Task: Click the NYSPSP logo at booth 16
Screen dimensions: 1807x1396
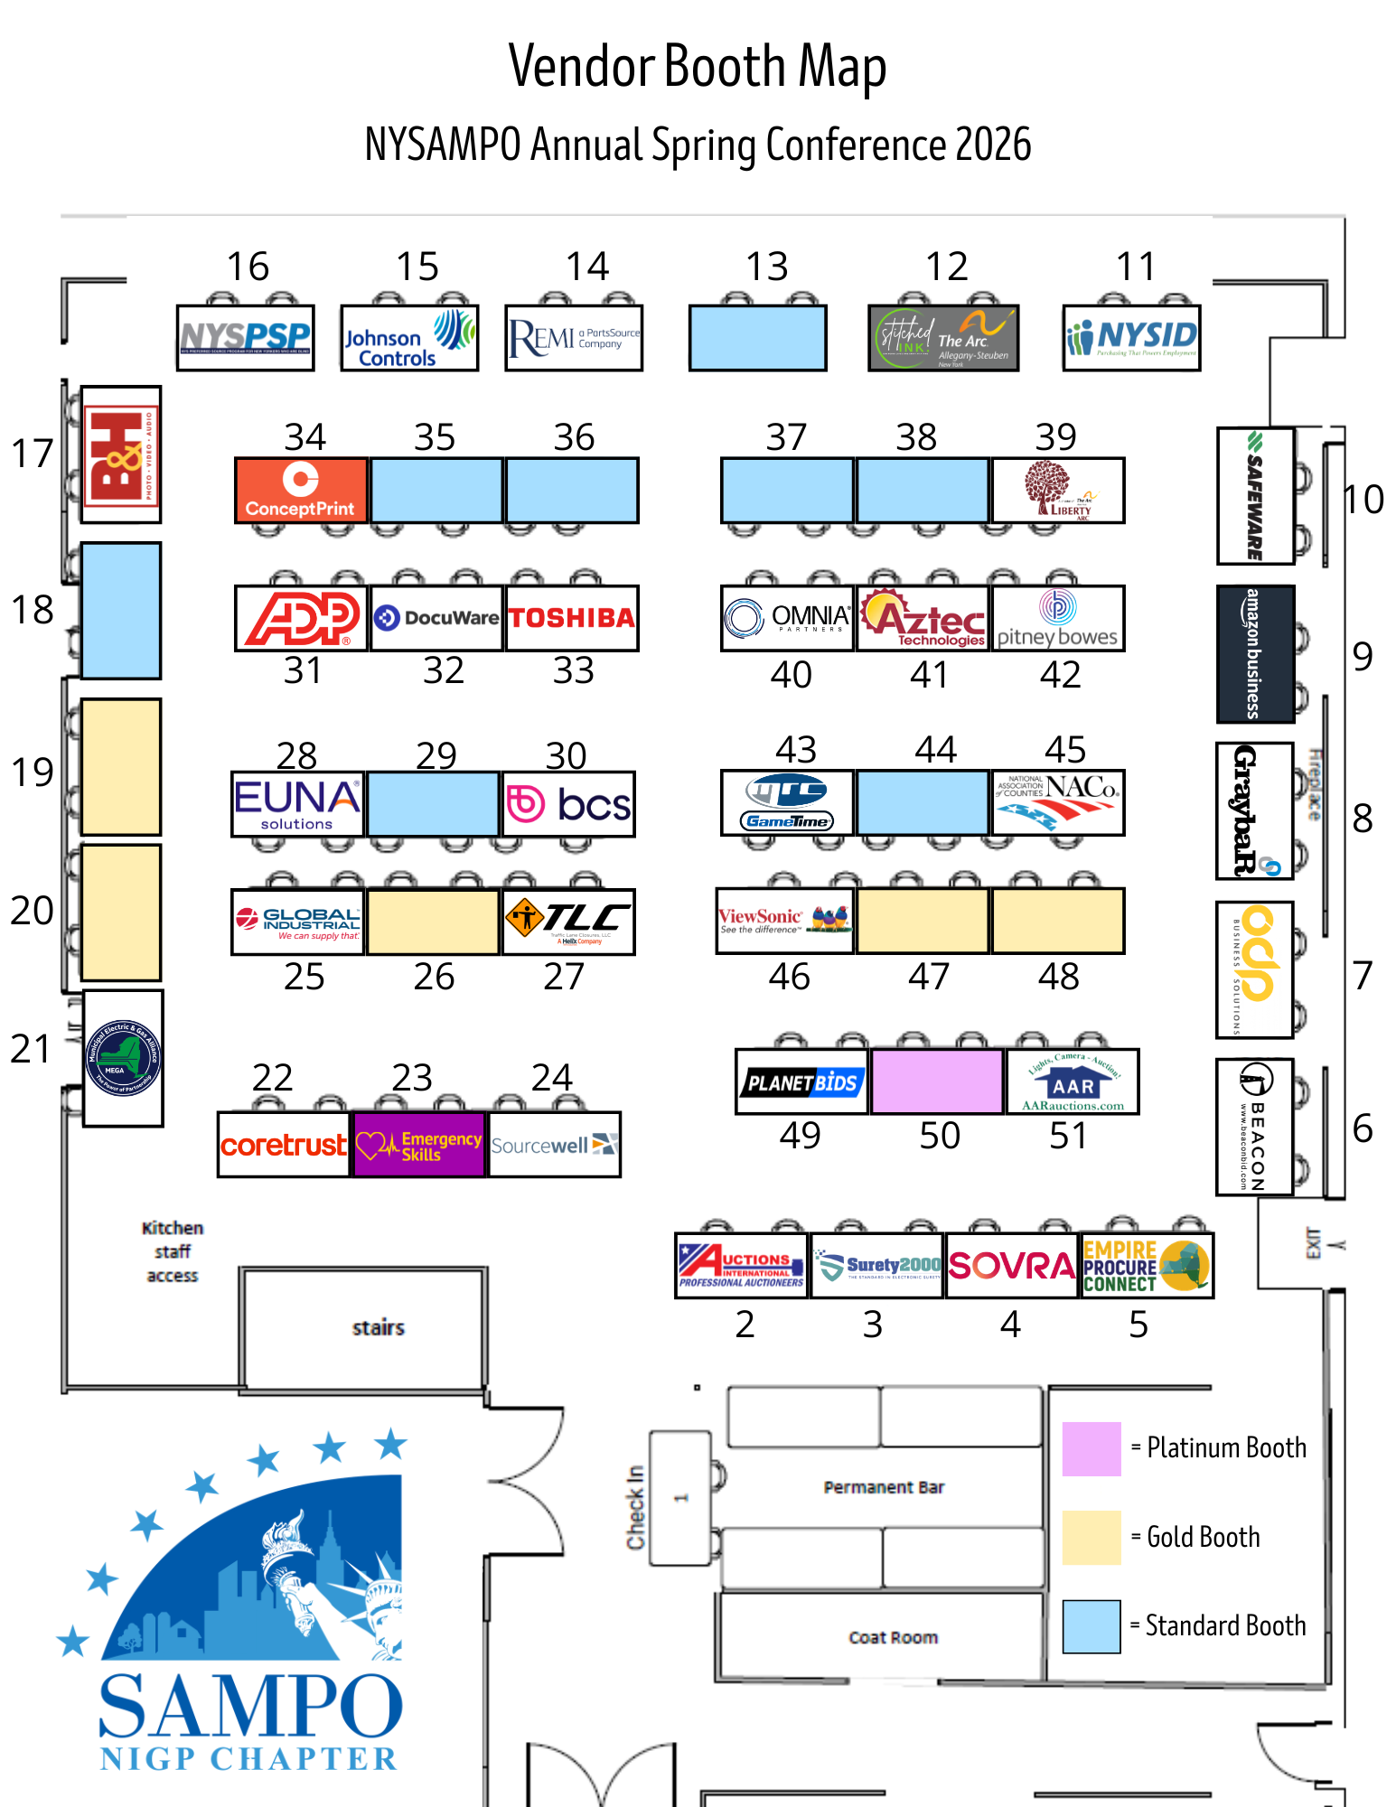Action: pyautogui.click(x=245, y=338)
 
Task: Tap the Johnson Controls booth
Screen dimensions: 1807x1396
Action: pyautogui.click(x=409, y=338)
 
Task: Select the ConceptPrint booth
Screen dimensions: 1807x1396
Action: pyautogui.click(x=301, y=491)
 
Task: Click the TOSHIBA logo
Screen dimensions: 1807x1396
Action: pyautogui.click(x=571, y=618)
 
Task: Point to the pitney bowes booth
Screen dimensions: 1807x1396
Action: pyautogui.click(x=1058, y=618)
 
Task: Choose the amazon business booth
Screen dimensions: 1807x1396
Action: pyautogui.click(x=1255, y=654)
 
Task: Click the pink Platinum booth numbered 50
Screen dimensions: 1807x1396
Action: pyautogui.click(x=937, y=1081)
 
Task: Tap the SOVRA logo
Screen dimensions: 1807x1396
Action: pyautogui.click(x=1011, y=1266)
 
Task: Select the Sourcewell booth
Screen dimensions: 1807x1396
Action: pyautogui.click(x=554, y=1145)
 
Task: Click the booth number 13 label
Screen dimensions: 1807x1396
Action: pyautogui.click(x=766, y=267)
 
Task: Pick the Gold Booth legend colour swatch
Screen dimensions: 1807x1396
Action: pyautogui.click(x=1092, y=1537)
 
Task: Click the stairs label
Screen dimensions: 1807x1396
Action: pyautogui.click(x=378, y=1327)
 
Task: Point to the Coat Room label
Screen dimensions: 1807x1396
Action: pyautogui.click(x=893, y=1637)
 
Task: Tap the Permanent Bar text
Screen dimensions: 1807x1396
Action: pyautogui.click(x=883, y=1487)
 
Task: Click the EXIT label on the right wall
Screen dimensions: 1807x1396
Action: pyautogui.click(x=1313, y=1243)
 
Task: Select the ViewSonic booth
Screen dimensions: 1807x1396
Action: pyautogui.click(x=784, y=921)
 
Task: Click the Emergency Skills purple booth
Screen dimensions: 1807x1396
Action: pyautogui.click(x=419, y=1145)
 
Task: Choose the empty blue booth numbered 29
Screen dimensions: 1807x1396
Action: pyautogui.click(x=434, y=803)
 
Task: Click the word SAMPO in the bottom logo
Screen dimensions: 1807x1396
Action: pyautogui.click(x=250, y=1706)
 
